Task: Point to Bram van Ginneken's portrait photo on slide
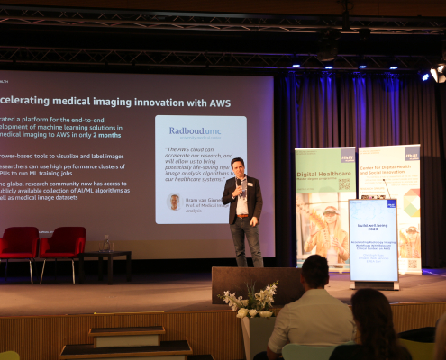[174, 202]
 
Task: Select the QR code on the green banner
[343, 183]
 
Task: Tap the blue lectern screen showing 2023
[373, 238]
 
